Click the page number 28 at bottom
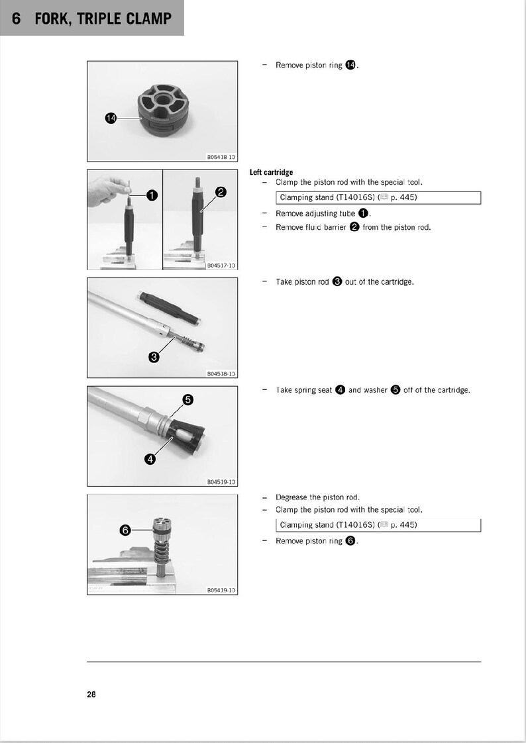(91, 695)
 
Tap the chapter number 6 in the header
(18, 19)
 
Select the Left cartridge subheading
(271, 172)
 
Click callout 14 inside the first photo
(111, 118)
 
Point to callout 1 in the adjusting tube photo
(151, 195)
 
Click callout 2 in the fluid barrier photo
(221, 192)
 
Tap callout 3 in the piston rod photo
(154, 358)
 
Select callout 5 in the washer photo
(187, 399)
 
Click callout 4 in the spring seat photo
(150, 459)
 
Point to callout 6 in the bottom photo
(124, 530)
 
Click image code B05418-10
(221, 158)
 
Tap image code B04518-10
(221, 374)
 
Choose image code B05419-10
(221, 590)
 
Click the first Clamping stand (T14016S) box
(378, 197)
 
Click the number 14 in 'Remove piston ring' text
(350, 65)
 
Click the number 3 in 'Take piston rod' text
(337, 282)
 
